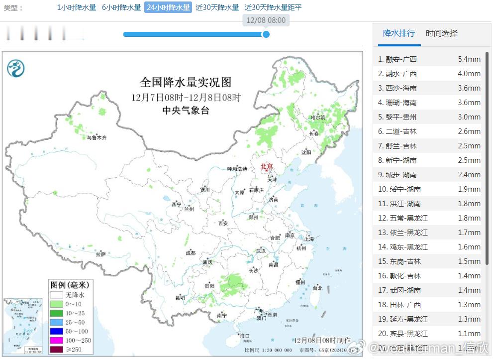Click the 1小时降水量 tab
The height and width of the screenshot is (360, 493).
pos(76,7)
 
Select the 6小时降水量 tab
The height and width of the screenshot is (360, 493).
pos(121,7)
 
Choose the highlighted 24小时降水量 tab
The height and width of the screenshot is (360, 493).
pos(168,7)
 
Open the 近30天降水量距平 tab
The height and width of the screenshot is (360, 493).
pos(273,7)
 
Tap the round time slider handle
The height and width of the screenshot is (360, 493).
pos(266,34)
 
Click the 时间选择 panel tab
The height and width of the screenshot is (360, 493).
pos(441,33)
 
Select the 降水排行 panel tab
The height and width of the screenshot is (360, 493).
pos(398,33)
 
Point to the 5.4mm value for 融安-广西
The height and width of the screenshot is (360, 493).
pos(469,59)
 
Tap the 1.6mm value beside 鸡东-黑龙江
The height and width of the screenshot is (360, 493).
pos(469,247)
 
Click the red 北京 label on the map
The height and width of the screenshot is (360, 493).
pos(267,166)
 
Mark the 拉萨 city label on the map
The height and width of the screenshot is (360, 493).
pos(101,254)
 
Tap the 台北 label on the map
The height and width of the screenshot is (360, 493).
pos(317,288)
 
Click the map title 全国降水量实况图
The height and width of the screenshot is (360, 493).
pos(186,82)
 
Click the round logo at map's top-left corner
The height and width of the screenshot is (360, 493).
pos(16,67)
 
